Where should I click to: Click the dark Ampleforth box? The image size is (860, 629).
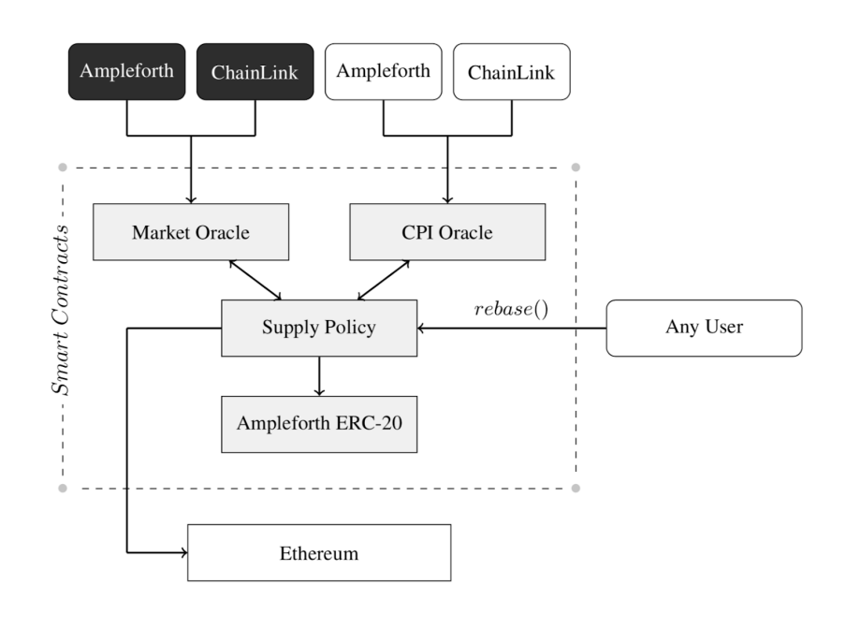click(x=126, y=71)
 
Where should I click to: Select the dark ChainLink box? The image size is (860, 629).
click(x=255, y=71)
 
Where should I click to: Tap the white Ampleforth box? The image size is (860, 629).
click(x=383, y=71)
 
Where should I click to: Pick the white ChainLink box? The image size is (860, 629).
click(x=511, y=71)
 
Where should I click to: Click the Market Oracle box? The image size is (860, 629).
click(x=191, y=232)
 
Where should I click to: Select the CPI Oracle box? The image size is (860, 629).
click(x=446, y=232)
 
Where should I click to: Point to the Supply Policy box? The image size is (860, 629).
click(x=318, y=328)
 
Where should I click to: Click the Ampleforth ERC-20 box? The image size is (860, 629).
click(x=318, y=423)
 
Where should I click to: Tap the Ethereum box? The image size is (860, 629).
click(x=318, y=553)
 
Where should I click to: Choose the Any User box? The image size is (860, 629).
click(x=704, y=328)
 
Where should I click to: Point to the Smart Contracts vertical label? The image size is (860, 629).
click(x=63, y=309)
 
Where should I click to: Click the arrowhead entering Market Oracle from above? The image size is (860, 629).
click(x=191, y=198)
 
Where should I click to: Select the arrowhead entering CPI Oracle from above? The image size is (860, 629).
click(x=446, y=198)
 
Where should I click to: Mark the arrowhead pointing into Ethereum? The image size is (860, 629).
click(x=182, y=553)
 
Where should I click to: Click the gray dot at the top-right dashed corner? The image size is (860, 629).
click(x=576, y=168)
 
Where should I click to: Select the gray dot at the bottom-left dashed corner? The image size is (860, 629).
click(x=63, y=489)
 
